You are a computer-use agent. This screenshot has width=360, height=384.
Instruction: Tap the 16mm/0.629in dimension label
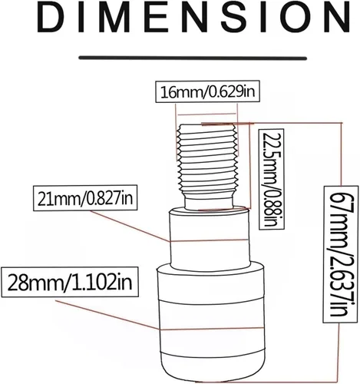[208, 91]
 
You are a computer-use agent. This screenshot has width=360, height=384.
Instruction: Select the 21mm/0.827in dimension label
[85, 197]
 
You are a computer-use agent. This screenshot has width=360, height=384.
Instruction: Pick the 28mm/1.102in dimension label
[70, 282]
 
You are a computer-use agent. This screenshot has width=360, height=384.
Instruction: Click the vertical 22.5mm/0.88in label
[272, 179]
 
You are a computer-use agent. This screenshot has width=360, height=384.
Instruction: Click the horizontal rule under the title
[193, 58]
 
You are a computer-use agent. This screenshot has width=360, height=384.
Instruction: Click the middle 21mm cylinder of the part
[210, 240]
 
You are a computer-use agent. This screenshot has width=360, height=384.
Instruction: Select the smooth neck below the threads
[210, 202]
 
